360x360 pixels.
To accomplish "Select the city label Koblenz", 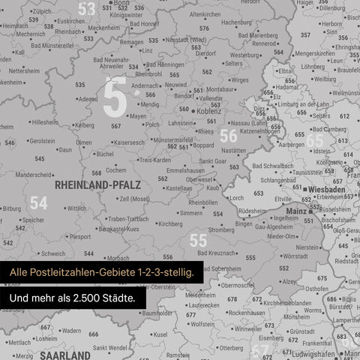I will (x=208, y=112).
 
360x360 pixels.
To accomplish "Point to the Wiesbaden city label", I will (x=324, y=190).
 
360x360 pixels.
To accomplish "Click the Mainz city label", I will (x=296, y=211).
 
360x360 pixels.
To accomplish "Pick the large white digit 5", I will (x=114, y=97).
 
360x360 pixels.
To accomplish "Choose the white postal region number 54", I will (x=38, y=202).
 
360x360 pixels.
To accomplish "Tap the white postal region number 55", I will (x=198, y=240).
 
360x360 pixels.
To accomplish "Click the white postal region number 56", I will (x=229, y=136).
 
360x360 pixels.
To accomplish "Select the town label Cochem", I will (x=115, y=170).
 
